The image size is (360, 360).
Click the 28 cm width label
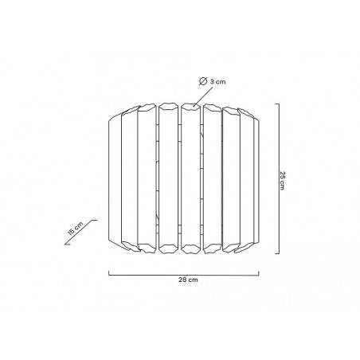(x=188, y=280)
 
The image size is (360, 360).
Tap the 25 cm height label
(x=282, y=181)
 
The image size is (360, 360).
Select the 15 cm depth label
(x=76, y=228)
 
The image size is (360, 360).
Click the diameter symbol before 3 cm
(x=203, y=81)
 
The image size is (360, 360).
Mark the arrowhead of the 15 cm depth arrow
(x=66, y=244)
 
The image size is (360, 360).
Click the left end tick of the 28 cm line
(x=109, y=273)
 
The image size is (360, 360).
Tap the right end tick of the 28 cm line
(x=259, y=273)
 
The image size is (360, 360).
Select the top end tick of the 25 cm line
(x=277, y=104)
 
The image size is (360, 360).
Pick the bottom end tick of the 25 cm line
(x=277, y=253)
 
